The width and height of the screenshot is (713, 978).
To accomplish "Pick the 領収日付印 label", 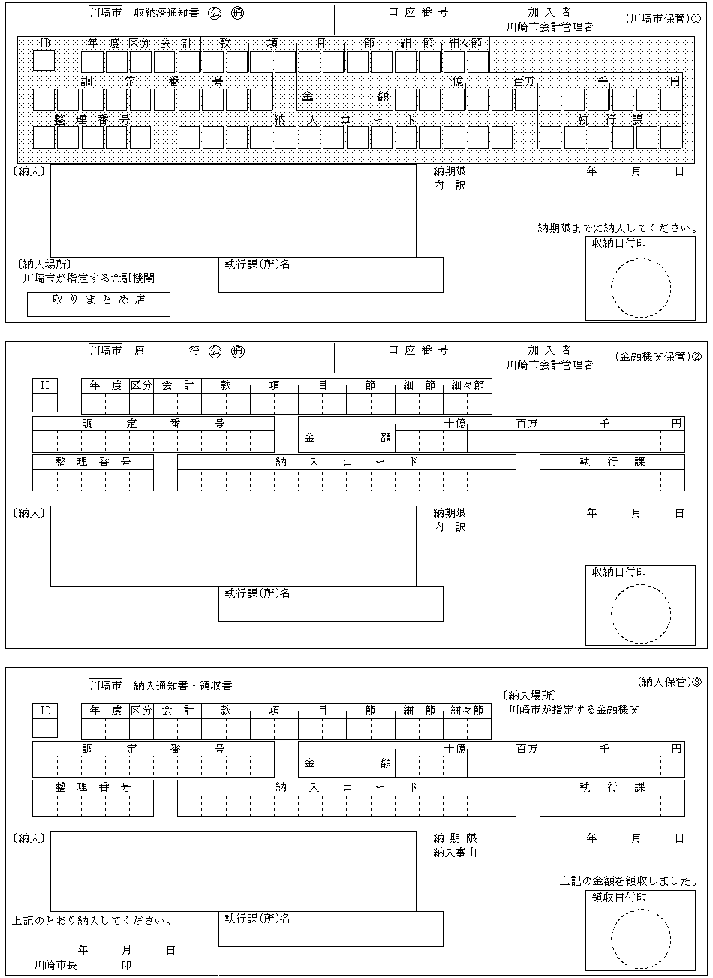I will pos(619,898).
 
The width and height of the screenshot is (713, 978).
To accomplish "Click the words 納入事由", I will pos(455,853).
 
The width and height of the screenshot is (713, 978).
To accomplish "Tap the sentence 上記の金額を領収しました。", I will pos(634,881).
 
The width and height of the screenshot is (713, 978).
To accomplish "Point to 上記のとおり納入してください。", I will pos(93,920).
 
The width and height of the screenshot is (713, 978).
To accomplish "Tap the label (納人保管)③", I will pos(669,682).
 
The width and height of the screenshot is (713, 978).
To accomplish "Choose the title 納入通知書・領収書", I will pos(183,685).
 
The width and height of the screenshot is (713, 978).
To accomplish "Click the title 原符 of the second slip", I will pos(166,351).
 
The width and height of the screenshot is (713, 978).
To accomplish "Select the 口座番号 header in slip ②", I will pos(419,350).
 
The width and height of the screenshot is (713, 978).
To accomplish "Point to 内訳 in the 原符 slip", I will pos(449,527).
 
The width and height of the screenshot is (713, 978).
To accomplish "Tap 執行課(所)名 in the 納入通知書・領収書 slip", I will pos(257,919).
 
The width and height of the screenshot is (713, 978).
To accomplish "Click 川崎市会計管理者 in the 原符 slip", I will pos(551,365).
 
